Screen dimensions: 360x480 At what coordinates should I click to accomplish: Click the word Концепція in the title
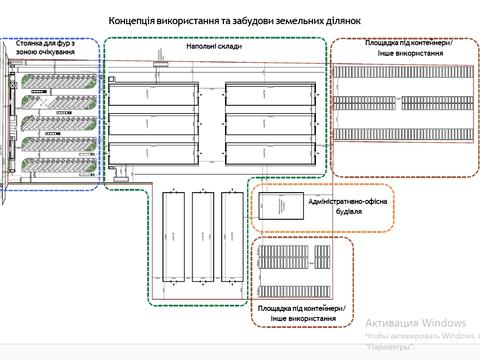pyautogui.click(x=133, y=20)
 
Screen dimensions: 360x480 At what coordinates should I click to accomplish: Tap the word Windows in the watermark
pyautogui.click(x=444, y=323)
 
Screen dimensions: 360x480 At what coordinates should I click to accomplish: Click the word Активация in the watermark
pyautogui.click(x=392, y=323)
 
